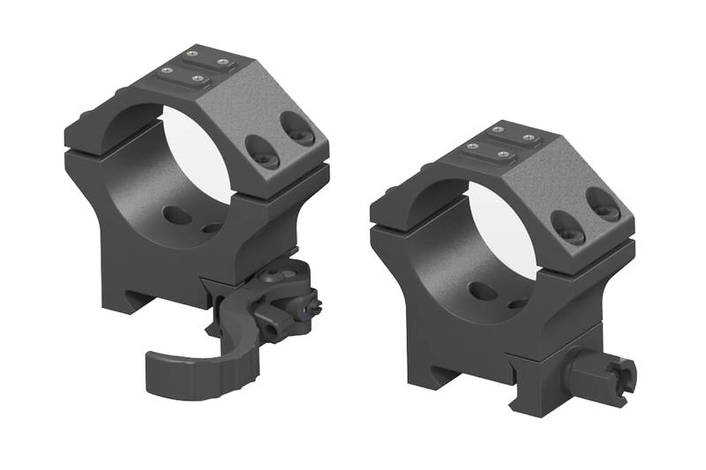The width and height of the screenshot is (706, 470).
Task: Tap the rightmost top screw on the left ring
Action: pos(223,63)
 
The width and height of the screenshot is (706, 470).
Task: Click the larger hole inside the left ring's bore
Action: pos(176,215)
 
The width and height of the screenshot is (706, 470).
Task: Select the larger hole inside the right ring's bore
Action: pos(483,291)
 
